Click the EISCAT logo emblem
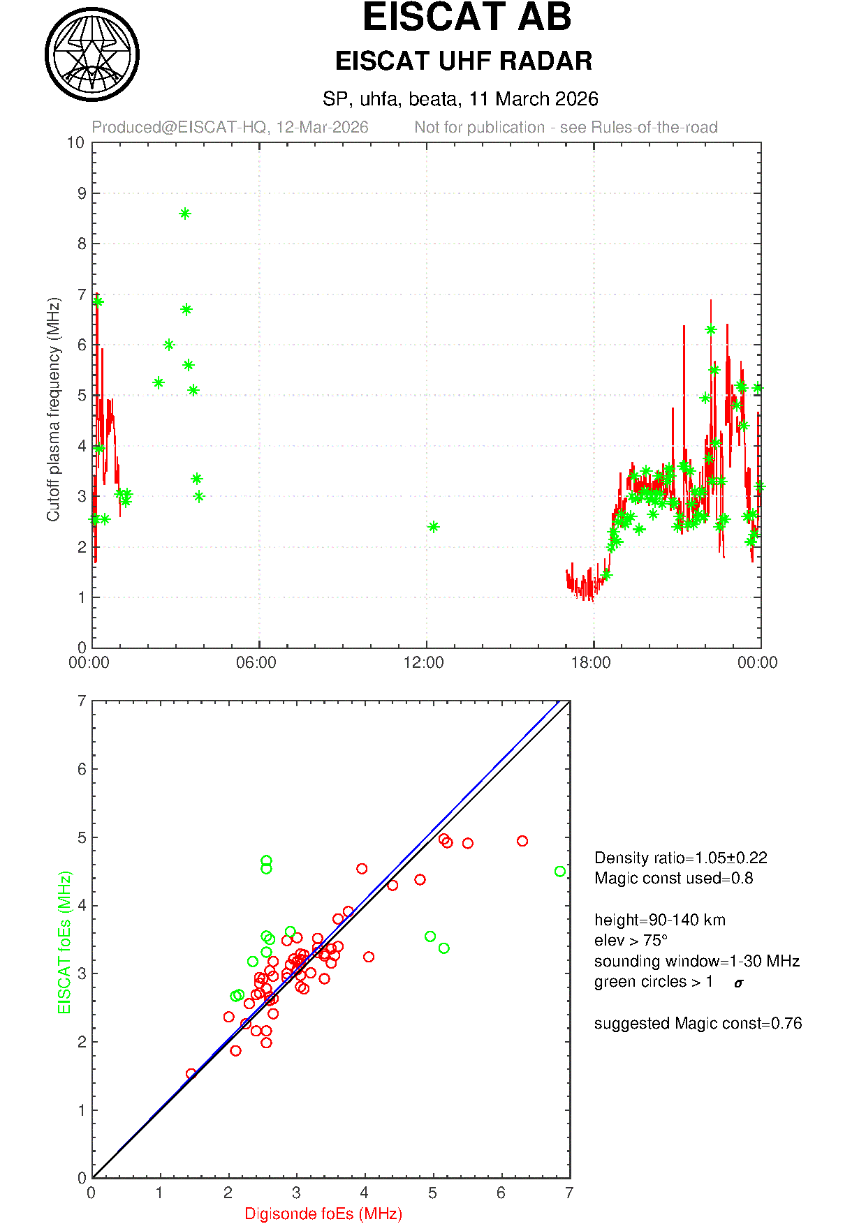(91, 54)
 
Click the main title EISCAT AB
(467, 17)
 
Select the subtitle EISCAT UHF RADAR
(464, 61)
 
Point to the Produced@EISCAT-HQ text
(230, 127)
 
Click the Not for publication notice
(566, 127)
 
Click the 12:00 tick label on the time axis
(424, 662)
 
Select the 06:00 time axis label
(256, 662)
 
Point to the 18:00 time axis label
(591, 662)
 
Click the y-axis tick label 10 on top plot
(75, 143)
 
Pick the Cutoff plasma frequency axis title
(54, 409)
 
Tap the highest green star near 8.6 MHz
(184, 214)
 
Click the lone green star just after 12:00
(433, 527)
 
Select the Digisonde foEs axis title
(323, 1214)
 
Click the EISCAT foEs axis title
(65, 942)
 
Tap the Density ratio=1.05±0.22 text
(680, 858)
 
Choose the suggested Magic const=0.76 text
(698, 1023)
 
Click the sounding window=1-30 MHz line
(696, 961)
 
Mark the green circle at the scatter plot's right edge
(559, 872)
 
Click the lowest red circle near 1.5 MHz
(191, 1073)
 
